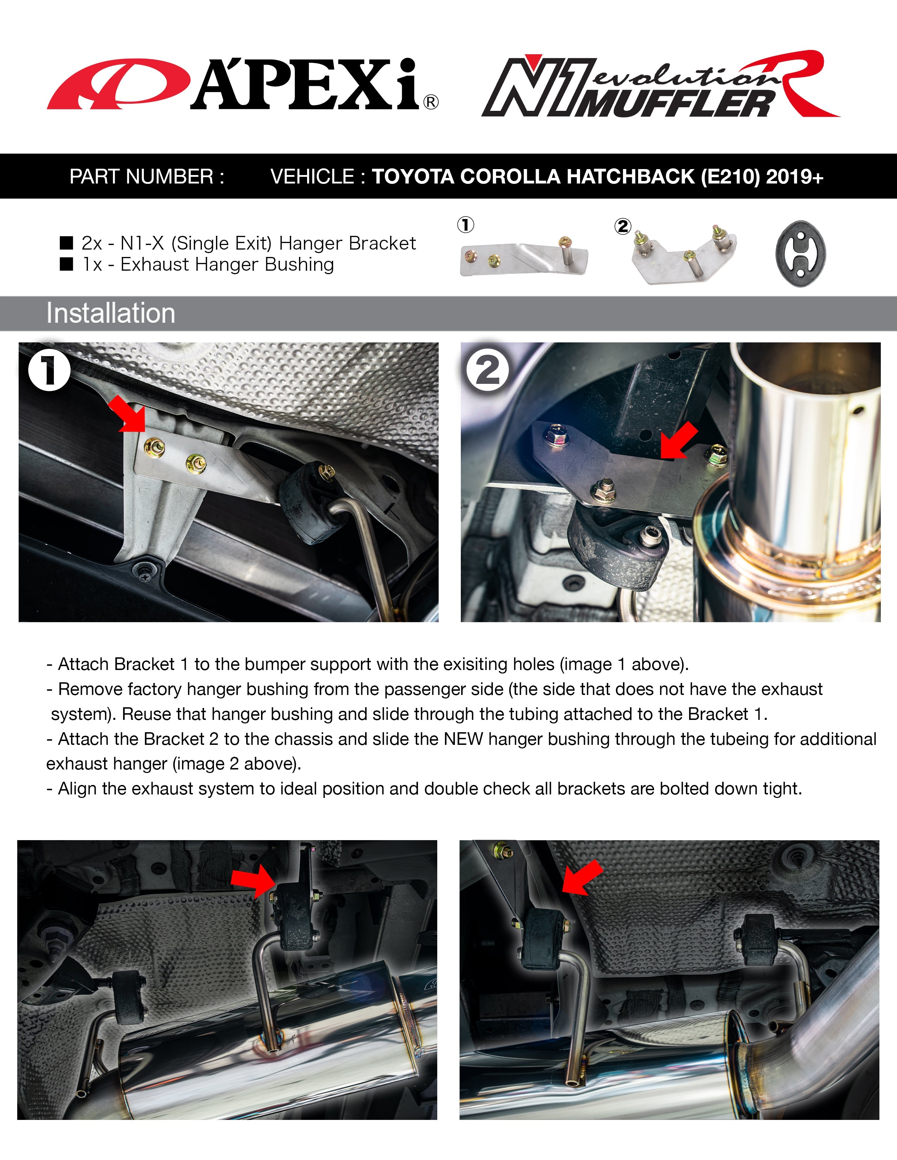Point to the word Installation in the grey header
click(110, 313)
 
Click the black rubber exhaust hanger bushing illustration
click(800, 254)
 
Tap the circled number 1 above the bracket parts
click(465, 225)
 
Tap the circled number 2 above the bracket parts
click(623, 227)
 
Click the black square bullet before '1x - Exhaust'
click(66, 264)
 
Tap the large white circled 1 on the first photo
click(49, 370)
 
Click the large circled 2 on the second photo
click(487, 370)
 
